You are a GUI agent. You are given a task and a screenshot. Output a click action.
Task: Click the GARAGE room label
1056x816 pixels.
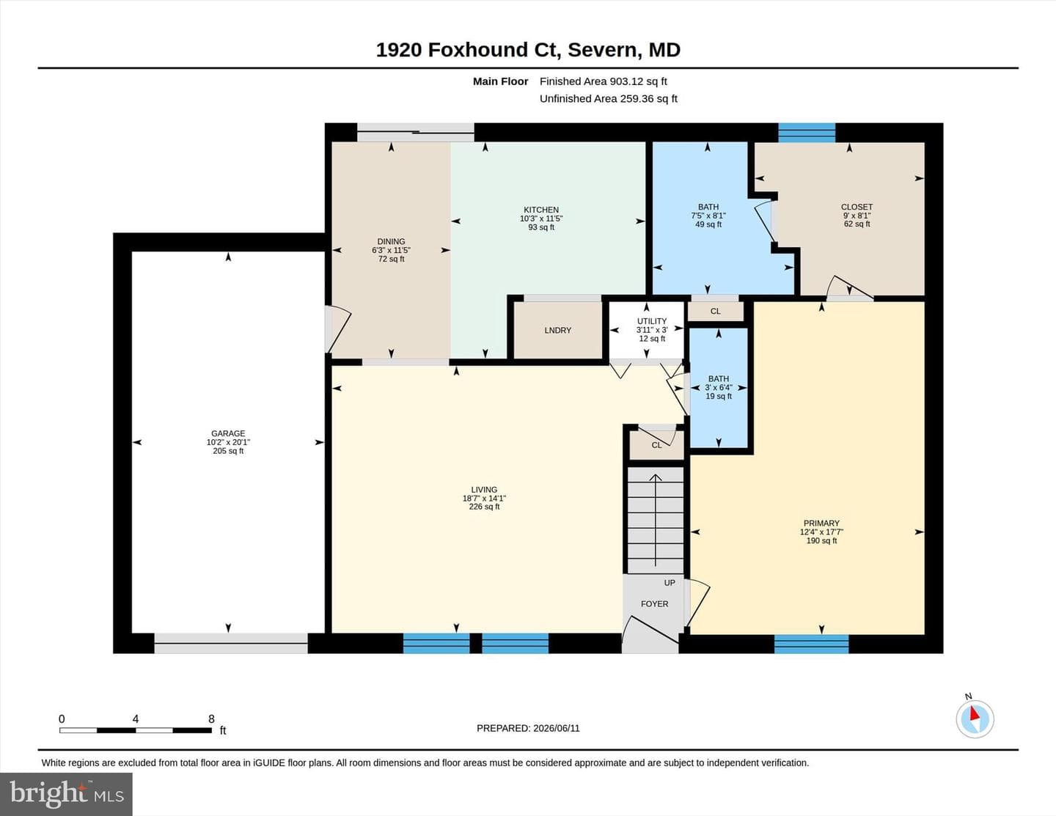coord(228,433)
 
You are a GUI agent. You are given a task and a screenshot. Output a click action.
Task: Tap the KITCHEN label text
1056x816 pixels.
coord(541,210)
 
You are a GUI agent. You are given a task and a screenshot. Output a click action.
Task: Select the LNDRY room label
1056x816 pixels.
coord(557,330)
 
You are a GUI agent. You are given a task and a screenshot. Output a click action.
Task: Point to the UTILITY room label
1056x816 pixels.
coord(652,321)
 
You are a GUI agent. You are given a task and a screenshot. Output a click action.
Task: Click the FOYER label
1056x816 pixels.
coord(654,603)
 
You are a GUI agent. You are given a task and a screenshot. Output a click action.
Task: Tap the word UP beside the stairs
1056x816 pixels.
coord(670,583)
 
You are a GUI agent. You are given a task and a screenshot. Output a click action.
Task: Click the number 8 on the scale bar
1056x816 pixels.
coord(211,718)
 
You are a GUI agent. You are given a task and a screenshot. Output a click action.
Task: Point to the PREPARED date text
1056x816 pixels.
coord(528,728)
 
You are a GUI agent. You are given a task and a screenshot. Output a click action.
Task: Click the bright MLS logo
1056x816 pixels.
coord(66,795)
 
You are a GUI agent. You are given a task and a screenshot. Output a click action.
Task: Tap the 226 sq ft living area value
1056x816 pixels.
coord(484,507)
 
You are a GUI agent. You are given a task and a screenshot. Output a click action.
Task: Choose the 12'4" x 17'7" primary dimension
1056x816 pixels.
coord(821,532)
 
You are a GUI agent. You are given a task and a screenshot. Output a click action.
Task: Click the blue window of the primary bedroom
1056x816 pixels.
coord(811,644)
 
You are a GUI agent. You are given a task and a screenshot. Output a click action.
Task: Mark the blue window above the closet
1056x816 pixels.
coord(807,133)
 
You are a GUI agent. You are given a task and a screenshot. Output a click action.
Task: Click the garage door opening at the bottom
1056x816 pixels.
coord(231,644)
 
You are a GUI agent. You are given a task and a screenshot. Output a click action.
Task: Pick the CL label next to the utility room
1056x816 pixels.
coord(715,312)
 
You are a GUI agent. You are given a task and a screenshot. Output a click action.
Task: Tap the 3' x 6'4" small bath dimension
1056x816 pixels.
coord(718,388)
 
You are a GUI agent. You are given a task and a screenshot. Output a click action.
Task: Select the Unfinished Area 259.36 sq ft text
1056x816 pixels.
coord(609,98)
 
